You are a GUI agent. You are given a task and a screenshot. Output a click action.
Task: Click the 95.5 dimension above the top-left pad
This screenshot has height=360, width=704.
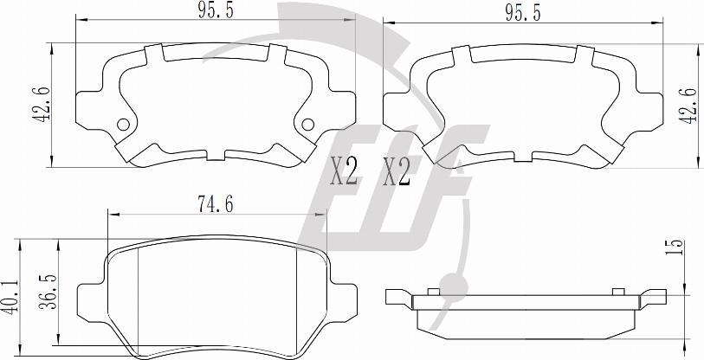click(216, 10)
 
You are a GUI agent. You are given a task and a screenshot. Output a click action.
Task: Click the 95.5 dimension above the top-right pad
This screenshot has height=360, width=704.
click(523, 14)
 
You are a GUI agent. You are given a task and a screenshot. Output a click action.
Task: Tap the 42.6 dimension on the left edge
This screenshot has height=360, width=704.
click(40, 104)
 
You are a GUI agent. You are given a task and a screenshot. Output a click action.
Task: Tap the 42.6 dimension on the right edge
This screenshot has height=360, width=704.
click(690, 106)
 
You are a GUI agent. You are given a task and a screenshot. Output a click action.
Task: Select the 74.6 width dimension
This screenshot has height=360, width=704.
click(216, 205)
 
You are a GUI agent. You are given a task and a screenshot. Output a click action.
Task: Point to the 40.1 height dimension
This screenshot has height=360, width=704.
click(10, 297)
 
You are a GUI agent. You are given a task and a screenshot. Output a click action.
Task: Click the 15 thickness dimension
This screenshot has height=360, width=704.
click(675, 247)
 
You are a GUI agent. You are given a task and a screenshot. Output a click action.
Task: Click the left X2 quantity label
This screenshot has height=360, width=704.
click(344, 171)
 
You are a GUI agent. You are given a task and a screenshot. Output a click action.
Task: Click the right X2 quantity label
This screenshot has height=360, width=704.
click(397, 172)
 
